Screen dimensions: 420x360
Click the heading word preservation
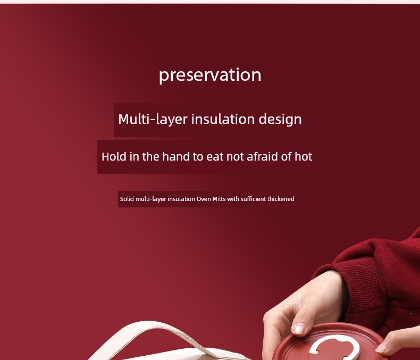(210, 76)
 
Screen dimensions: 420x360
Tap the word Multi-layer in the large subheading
(153, 119)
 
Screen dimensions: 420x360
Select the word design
(280, 119)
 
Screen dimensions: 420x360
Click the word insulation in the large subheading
(223, 119)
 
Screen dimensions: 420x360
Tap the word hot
(304, 156)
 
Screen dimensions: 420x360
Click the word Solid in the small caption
(127, 199)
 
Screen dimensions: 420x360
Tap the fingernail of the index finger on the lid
(299, 328)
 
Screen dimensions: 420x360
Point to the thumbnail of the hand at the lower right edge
(381, 347)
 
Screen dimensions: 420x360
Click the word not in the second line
(235, 157)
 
